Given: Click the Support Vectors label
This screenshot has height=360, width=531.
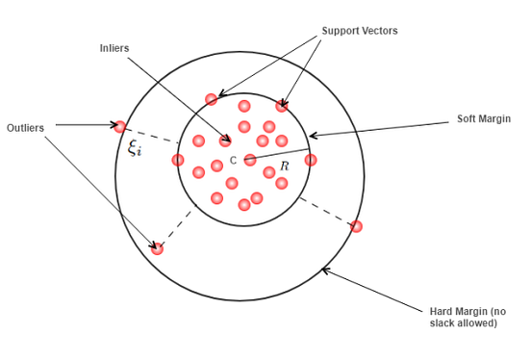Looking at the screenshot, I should pos(360,31).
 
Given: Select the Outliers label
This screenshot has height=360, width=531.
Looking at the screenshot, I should pos(26,128).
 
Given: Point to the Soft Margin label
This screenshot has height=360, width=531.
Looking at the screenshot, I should pos(483,119).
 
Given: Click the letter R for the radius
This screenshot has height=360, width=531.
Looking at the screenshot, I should pos(284,167).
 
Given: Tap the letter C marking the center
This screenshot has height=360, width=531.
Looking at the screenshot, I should pos(233,160).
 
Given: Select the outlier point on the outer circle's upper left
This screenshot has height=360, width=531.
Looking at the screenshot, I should pos(120,125).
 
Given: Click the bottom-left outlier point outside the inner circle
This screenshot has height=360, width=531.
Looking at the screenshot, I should pos(158,248).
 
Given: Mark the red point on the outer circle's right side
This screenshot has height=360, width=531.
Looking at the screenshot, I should pos(356,226).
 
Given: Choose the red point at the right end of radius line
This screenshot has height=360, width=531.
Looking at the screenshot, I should pos(310,160).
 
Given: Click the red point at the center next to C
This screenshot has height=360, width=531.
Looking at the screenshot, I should pos(250,160).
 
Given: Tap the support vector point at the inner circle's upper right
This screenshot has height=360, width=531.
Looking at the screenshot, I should pos(282,106).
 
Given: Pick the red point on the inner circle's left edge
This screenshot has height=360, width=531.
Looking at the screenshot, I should pos(178,160).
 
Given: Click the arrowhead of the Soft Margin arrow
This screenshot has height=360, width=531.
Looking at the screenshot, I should pos(311,137).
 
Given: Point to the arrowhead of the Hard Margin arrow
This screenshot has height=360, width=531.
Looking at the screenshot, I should pos(325,270).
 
